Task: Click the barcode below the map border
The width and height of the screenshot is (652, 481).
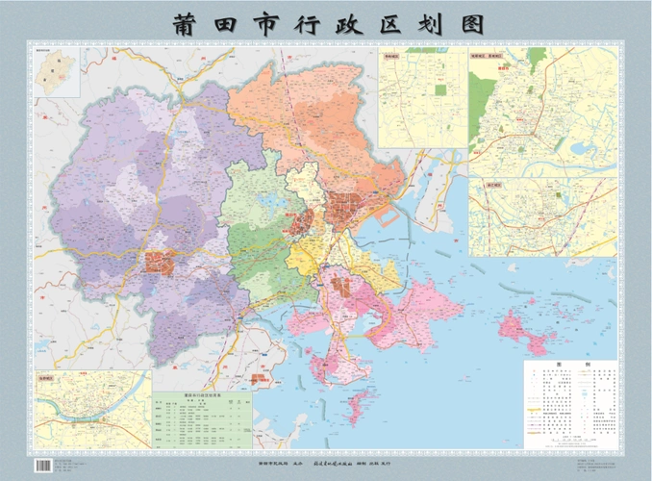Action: [x=43, y=465]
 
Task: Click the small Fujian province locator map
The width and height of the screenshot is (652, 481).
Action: [x=57, y=69]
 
